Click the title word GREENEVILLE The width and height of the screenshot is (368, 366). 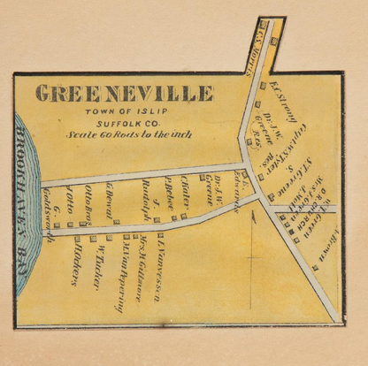pyautogui.click(x=123, y=93)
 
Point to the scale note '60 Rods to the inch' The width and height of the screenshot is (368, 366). pyautogui.click(x=124, y=136)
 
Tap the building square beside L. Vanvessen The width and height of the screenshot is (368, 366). pyautogui.click(x=160, y=235)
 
